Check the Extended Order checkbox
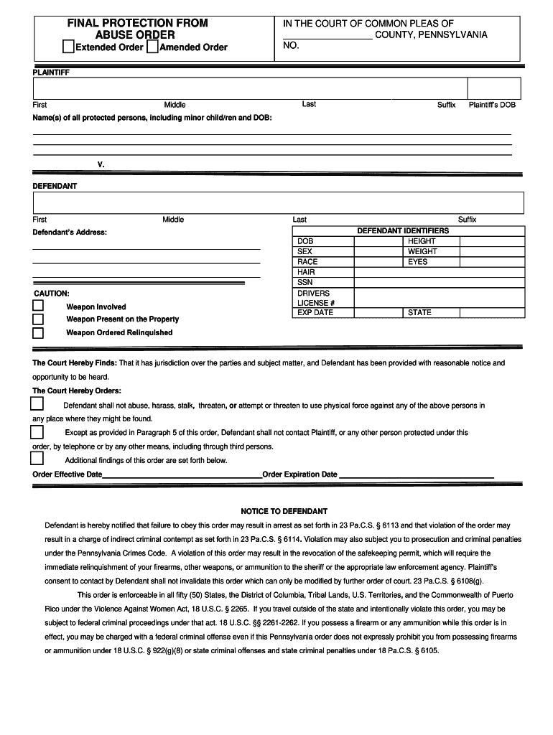[x=68, y=47]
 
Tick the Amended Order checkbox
[x=152, y=47]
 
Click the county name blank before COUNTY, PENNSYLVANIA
[x=327, y=35]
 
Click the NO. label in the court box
[x=291, y=46]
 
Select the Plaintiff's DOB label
[x=492, y=105]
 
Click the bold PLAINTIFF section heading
[x=51, y=72]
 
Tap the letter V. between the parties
[x=101, y=164]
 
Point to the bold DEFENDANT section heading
[x=55, y=186]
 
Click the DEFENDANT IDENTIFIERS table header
[x=403, y=230]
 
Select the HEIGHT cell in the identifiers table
[x=422, y=241]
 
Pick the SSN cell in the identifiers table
[x=305, y=282]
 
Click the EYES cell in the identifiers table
[x=417, y=262]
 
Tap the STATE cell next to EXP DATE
[x=419, y=312]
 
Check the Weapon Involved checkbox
[x=38, y=306]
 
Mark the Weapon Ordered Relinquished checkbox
[x=38, y=333]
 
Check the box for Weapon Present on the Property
[x=38, y=319]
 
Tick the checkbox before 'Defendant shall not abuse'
[x=37, y=405]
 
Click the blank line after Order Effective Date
[x=182, y=474]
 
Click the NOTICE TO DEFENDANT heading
[x=284, y=511]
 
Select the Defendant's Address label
[x=70, y=233]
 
